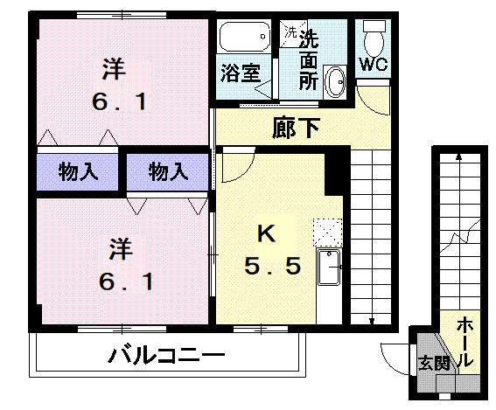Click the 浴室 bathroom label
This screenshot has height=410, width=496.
[238, 72]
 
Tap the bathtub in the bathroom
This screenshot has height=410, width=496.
[244, 38]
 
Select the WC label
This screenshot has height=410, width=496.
[374, 66]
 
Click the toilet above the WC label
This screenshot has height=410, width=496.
[374, 34]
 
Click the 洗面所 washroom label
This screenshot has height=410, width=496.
[309, 59]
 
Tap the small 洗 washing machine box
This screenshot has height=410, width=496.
[289, 32]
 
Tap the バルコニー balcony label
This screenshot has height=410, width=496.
[167, 357]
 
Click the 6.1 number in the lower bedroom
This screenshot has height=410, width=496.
[122, 281]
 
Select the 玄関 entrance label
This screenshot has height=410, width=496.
[433, 362]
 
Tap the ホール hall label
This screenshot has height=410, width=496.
[465, 341]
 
